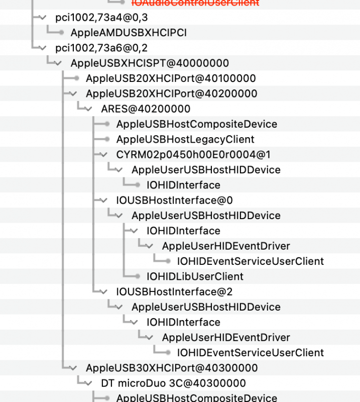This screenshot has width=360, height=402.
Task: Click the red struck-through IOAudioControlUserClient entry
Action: (195, 3)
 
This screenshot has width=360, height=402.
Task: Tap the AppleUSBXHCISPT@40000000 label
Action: (150, 63)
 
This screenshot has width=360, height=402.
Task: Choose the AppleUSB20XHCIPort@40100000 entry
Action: (171, 78)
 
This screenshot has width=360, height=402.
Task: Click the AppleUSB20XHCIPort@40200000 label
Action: (171, 93)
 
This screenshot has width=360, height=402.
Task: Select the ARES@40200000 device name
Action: (146, 109)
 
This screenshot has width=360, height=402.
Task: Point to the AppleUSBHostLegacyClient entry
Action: (185, 139)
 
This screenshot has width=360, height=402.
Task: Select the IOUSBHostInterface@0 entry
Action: (174, 200)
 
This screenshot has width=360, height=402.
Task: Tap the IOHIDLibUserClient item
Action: (195, 276)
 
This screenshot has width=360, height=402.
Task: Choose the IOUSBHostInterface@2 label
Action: (174, 291)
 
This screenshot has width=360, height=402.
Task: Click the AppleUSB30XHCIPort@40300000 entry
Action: (172, 368)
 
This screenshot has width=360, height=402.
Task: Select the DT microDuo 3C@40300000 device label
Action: (173, 383)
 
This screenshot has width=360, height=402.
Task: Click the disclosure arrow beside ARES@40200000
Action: (89, 109)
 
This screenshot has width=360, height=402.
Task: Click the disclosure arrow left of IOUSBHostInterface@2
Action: (104, 291)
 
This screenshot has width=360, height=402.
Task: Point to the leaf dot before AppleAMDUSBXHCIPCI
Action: (61, 33)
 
